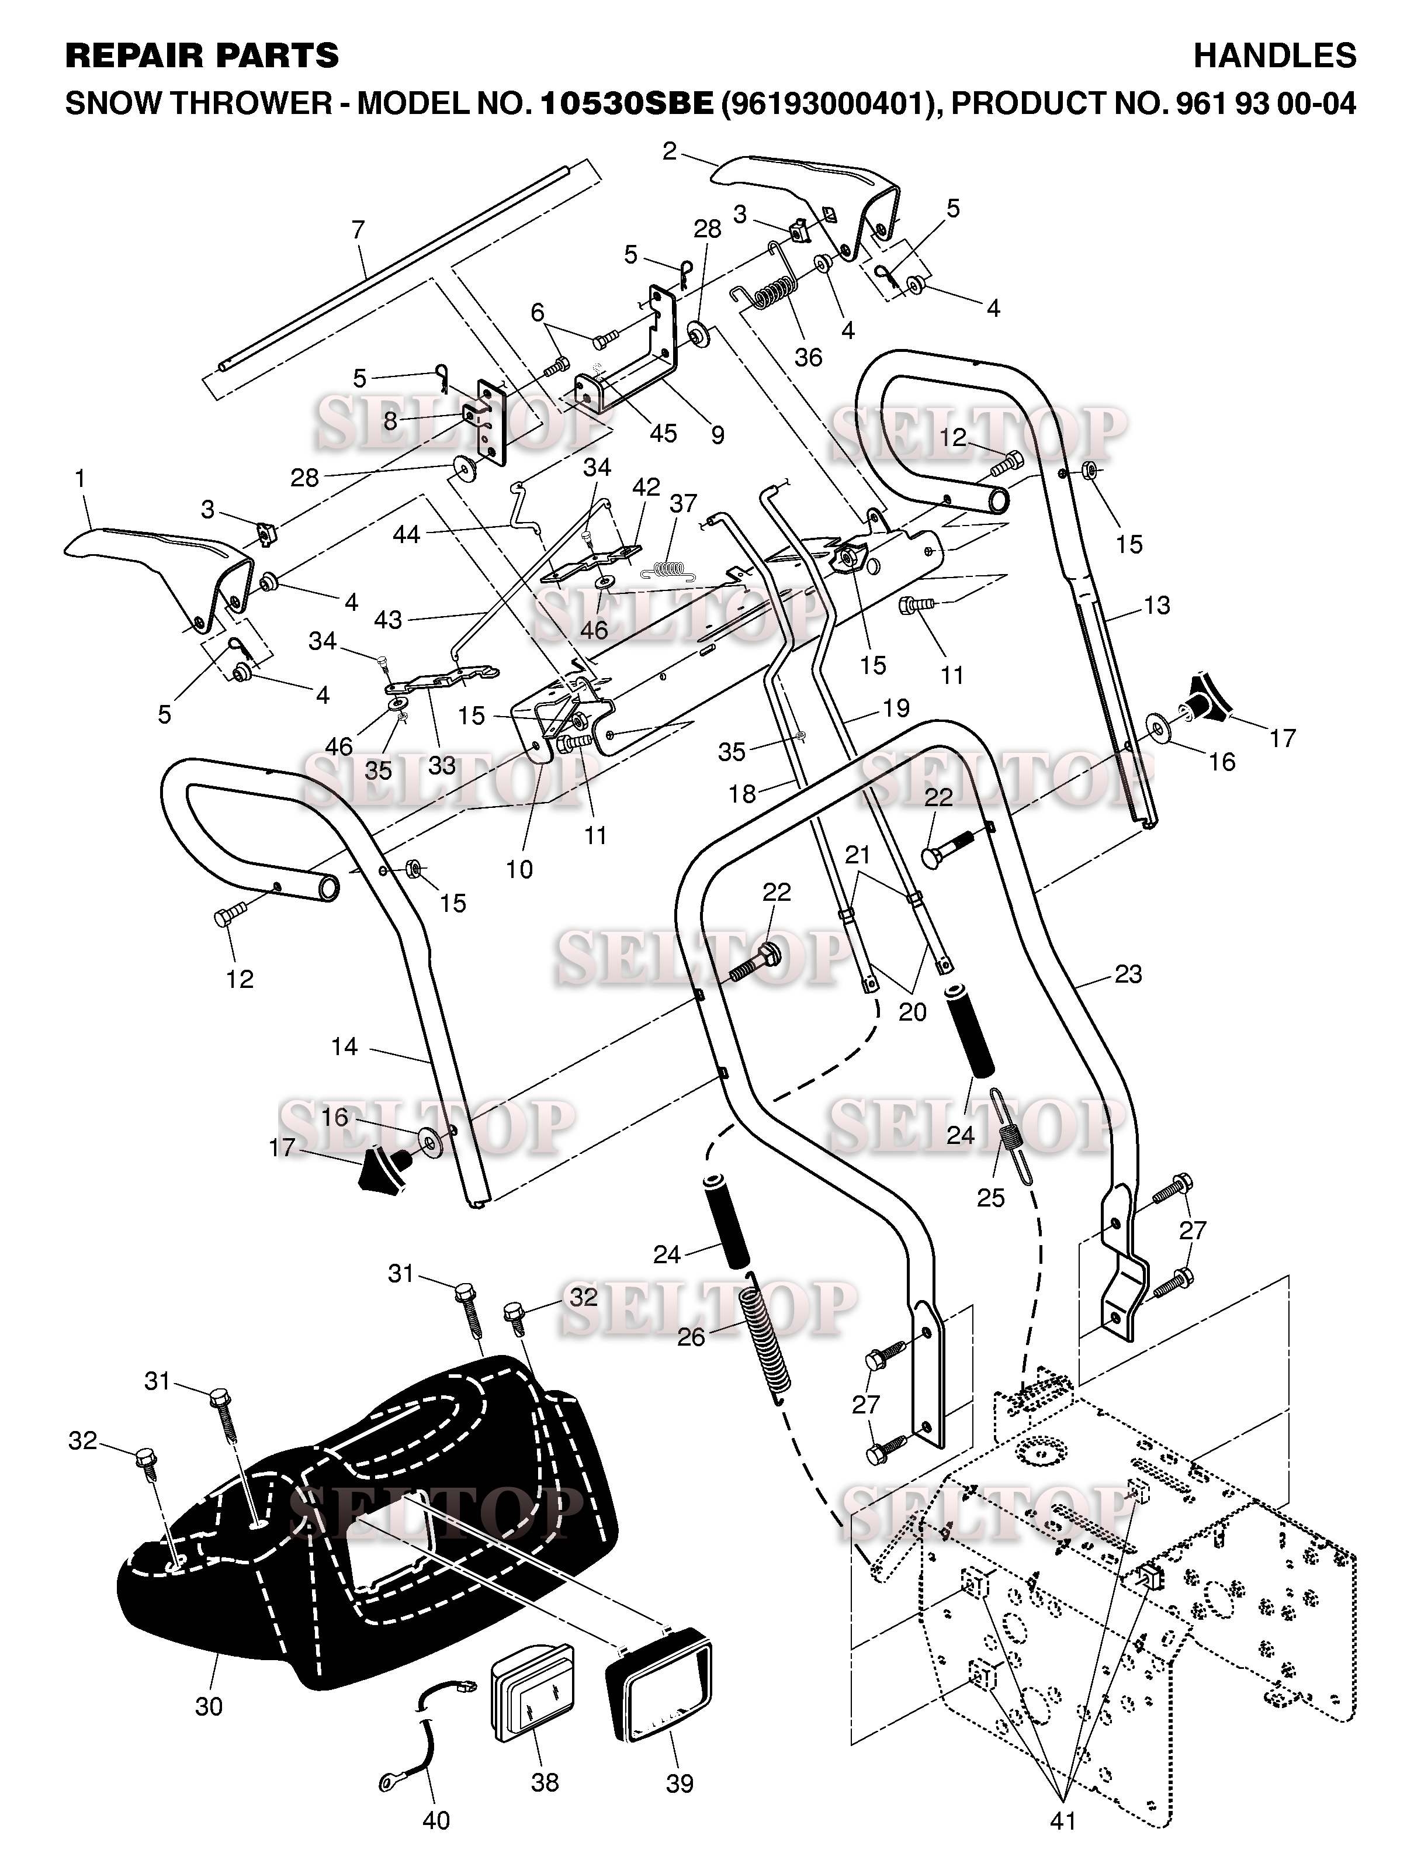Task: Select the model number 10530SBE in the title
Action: (626, 103)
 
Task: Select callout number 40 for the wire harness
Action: (436, 1819)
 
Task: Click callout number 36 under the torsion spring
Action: (807, 357)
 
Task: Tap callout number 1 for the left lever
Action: (81, 479)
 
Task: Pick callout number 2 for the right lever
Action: (670, 151)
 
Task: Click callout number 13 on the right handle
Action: (1156, 605)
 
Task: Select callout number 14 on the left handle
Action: (344, 1047)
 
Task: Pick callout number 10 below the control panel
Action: (519, 869)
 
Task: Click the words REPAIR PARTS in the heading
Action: (202, 56)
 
